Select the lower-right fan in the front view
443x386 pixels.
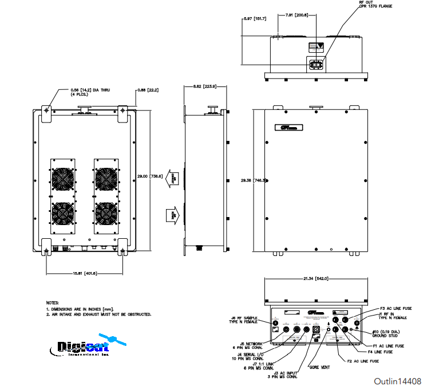click(106, 216)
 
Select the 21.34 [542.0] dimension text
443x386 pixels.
click(315, 279)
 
